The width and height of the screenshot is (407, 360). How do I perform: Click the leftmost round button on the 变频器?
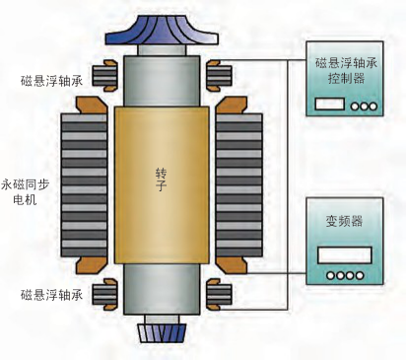point(329,275)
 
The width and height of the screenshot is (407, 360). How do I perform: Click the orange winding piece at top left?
point(94,103)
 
